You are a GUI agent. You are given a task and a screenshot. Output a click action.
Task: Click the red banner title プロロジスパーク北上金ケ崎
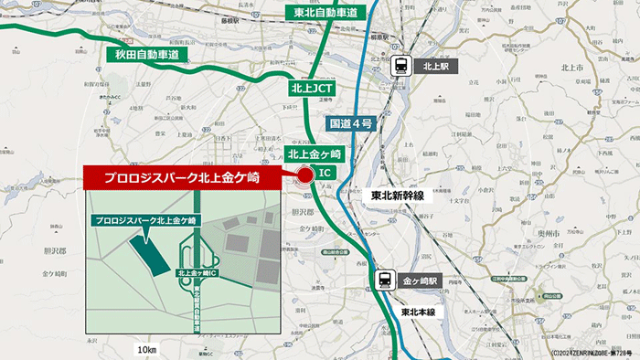[x=179, y=177]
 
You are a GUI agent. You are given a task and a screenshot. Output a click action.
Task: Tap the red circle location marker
[x=305, y=175]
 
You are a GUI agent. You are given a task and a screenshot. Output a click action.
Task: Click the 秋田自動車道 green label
[x=145, y=56]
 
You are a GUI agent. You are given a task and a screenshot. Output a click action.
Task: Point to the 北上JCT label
[x=312, y=89]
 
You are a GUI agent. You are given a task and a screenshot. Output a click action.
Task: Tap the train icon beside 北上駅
[x=400, y=65]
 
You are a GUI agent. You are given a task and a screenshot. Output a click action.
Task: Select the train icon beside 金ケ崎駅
[x=385, y=281]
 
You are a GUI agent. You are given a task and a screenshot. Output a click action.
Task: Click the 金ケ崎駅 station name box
[x=421, y=281]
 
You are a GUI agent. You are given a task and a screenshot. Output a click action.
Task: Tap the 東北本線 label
[x=421, y=312]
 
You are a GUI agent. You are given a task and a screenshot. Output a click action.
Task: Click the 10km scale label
[x=146, y=350]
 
